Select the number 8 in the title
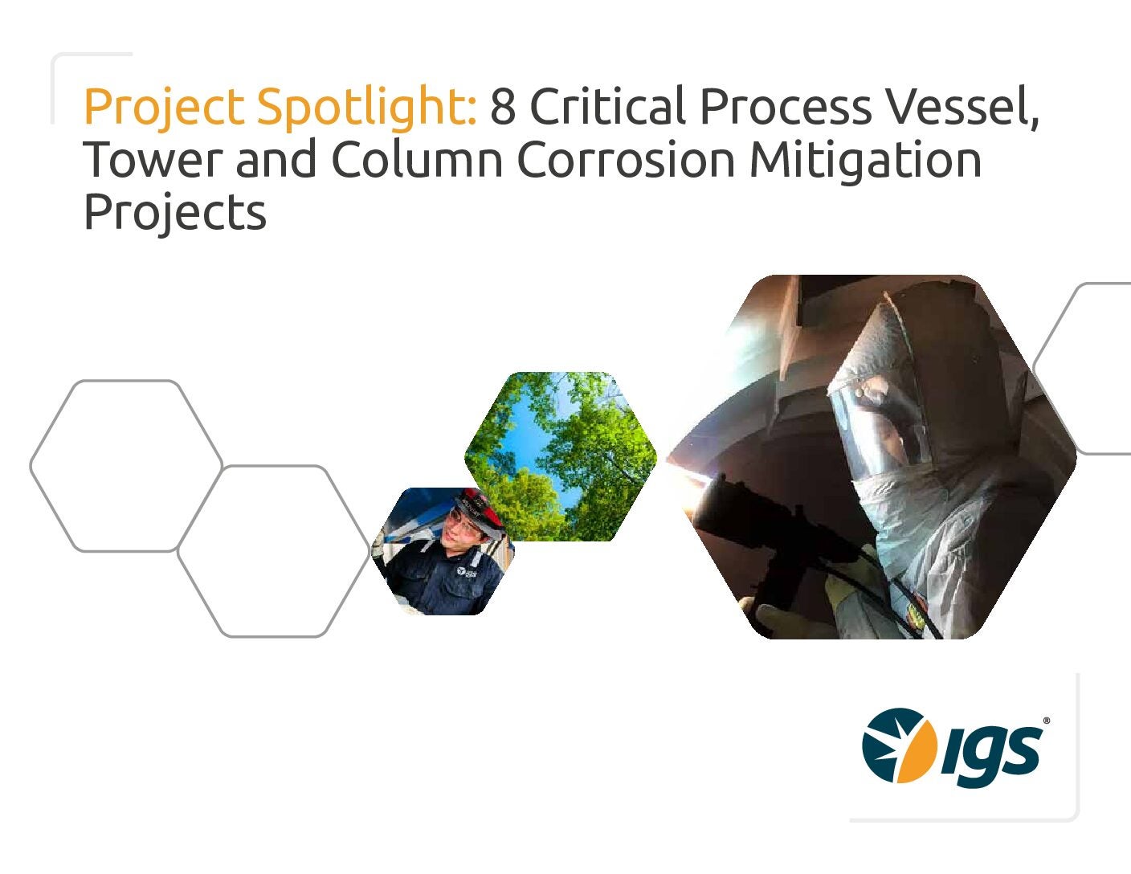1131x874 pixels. (x=503, y=107)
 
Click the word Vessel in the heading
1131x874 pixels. (x=962, y=107)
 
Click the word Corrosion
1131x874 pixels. (x=626, y=159)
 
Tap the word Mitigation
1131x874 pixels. (x=865, y=161)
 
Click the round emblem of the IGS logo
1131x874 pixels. (x=900, y=745)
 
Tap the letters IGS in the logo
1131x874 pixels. (x=990, y=755)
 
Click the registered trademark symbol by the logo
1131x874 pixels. (x=1046, y=721)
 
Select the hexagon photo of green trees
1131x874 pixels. (x=561, y=456)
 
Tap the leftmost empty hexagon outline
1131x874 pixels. (x=126, y=466)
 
